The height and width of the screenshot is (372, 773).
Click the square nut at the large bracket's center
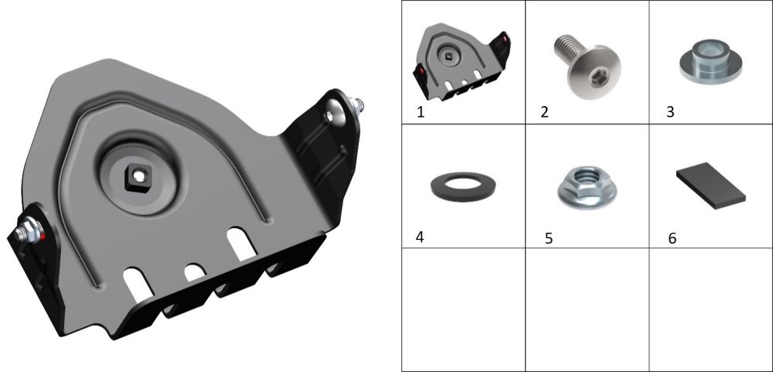(x=139, y=178)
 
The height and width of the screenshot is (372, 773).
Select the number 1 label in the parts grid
(x=421, y=112)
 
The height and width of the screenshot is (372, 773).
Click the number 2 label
(x=544, y=112)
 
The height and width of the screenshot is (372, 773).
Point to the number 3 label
(x=670, y=112)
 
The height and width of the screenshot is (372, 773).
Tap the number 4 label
(x=420, y=237)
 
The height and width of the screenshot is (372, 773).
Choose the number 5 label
(x=549, y=238)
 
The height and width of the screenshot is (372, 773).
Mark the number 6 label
(x=673, y=238)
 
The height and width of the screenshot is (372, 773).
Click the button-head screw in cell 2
(x=587, y=67)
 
